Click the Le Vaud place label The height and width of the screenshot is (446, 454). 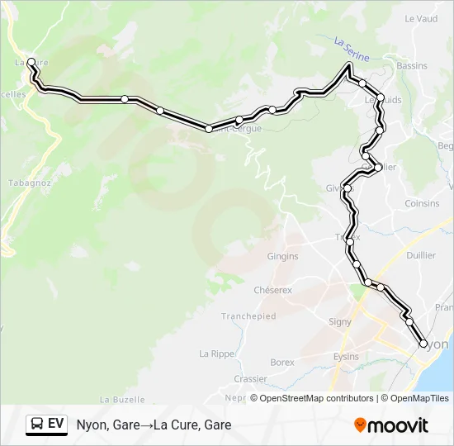click(x=421, y=18)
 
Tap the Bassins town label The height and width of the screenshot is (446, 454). click(x=412, y=65)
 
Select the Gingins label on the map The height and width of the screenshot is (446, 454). click(x=282, y=257)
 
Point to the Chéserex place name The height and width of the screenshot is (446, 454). click(x=273, y=290)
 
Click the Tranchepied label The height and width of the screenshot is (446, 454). click(x=248, y=316)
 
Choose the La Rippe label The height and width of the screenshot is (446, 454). click(x=217, y=353)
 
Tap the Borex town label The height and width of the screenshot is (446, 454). click(x=282, y=362)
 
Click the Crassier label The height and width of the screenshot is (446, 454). click(x=250, y=379)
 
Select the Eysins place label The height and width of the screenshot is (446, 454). click(x=346, y=356)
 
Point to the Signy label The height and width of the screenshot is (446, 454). click(x=340, y=321)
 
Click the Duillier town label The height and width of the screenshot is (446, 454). click(x=421, y=255)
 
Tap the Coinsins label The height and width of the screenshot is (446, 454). click(x=423, y=203)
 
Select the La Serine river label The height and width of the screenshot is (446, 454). click(x=352, y=47)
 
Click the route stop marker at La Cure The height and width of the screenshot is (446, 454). click(x=31, y=62)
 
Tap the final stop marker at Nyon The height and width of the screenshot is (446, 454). click(x=424, y=344)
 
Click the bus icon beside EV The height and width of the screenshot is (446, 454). click(x=36, y=425)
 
